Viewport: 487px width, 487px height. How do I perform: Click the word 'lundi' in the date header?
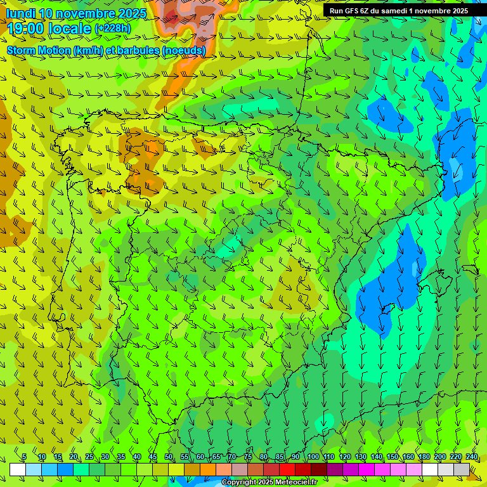(x=21, y=13)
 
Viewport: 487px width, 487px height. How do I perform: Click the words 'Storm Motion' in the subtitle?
(x=39, y=50)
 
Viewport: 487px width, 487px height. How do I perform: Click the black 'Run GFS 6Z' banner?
(x=399, y=11)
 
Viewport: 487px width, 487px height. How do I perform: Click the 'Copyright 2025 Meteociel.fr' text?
(x=269, y=483)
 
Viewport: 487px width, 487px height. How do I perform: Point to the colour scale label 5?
(x=24, y=457)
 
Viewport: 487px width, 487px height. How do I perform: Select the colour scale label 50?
(x=169, y=457)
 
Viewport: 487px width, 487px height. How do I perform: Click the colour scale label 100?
(x=313, y=457)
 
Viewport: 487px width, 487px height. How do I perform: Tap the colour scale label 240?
(x=471, y=457)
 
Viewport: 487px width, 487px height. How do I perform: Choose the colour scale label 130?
(x=360, y=457)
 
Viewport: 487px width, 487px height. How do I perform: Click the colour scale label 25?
(x=89, y=457)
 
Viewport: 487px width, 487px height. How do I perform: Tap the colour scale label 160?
(x=408, y=457)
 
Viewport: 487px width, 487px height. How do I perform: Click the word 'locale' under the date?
(x=71, y=29)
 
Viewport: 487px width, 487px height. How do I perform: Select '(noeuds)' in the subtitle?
(x=184, y=50)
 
